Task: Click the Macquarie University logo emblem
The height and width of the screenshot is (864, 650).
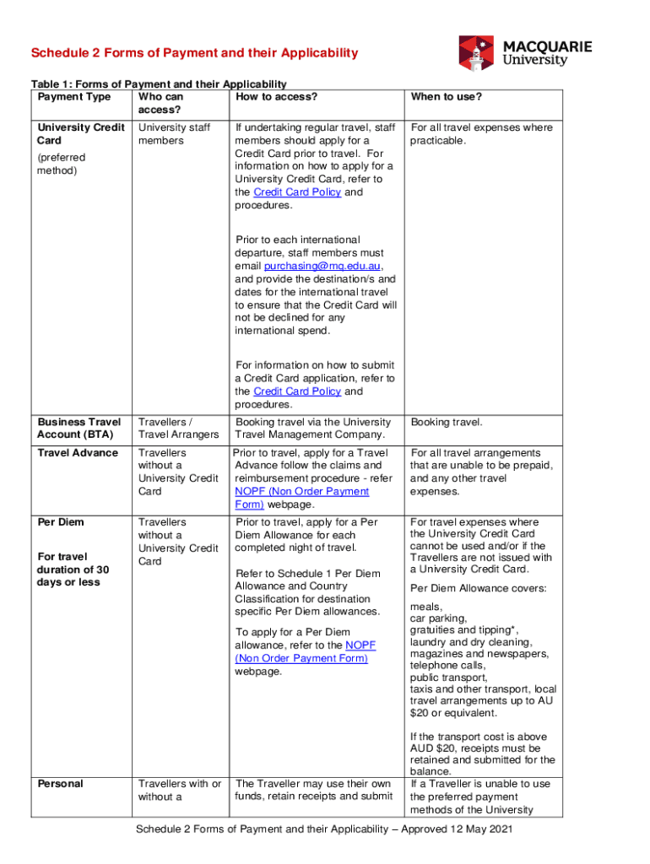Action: click(x=477, y=52)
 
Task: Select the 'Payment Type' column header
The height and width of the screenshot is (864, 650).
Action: click(x=74, y=97)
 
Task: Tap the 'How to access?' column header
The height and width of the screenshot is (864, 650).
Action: click(x=277, y=97)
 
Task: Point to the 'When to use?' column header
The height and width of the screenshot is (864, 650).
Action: click(x=447, y=97)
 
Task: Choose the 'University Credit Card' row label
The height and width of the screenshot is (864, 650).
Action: click(x=78, y=134)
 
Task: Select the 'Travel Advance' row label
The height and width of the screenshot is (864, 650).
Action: click(x=78, y=453)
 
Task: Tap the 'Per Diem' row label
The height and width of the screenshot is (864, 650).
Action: click(x=61, y=522)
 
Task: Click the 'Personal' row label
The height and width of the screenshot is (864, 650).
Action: click(x=61, y=784)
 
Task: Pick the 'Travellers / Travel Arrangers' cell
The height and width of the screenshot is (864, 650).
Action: click(x=178, y=429)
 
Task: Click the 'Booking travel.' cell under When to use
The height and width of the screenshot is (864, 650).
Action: click(x=446, y=422)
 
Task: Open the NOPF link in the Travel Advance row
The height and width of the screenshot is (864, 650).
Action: click(x=301, y=498)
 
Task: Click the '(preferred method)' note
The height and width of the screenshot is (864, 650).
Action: click(x=62, y=164)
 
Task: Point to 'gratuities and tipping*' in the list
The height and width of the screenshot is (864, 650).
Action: click(x=464, y=630)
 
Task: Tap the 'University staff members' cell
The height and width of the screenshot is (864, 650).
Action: click(x=174, y=134)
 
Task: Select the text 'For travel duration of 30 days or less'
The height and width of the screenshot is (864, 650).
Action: click(x=73, y=570)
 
